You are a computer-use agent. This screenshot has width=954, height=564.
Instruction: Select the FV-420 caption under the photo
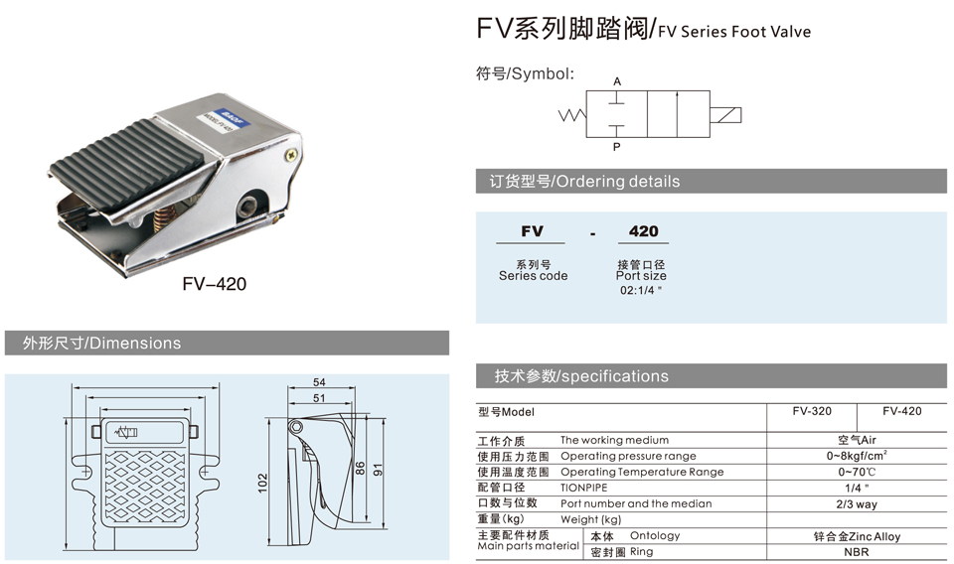tap(215, 284)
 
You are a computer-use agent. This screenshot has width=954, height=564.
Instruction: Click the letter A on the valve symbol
tap(617, 81)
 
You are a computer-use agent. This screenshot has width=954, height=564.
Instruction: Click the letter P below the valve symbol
tap(616, 147)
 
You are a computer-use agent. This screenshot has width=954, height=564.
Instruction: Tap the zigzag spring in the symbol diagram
tap(572, 115)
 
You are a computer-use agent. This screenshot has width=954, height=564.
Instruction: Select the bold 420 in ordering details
tap(643, 231)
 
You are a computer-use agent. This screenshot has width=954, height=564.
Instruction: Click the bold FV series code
tap(532, 231)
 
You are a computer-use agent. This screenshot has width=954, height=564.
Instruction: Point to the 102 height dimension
tap(262, 484)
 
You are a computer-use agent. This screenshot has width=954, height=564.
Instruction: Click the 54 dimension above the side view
tap(319, 382)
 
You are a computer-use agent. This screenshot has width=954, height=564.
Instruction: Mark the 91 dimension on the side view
tap(378, 470)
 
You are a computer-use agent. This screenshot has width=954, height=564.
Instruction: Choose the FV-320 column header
tap(812, 411)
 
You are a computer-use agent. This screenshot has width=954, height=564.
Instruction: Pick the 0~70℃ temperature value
tap(857, 472)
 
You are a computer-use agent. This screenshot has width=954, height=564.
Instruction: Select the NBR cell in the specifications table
tap(856, 552)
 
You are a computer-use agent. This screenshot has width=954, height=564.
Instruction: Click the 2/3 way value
tap(857, 504)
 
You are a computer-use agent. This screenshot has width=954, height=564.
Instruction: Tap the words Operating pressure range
tap(628, 457)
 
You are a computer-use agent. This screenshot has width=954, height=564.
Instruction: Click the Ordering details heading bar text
tap(584, 181)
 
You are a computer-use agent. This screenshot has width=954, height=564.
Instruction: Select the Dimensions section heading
tap(101, 344)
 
